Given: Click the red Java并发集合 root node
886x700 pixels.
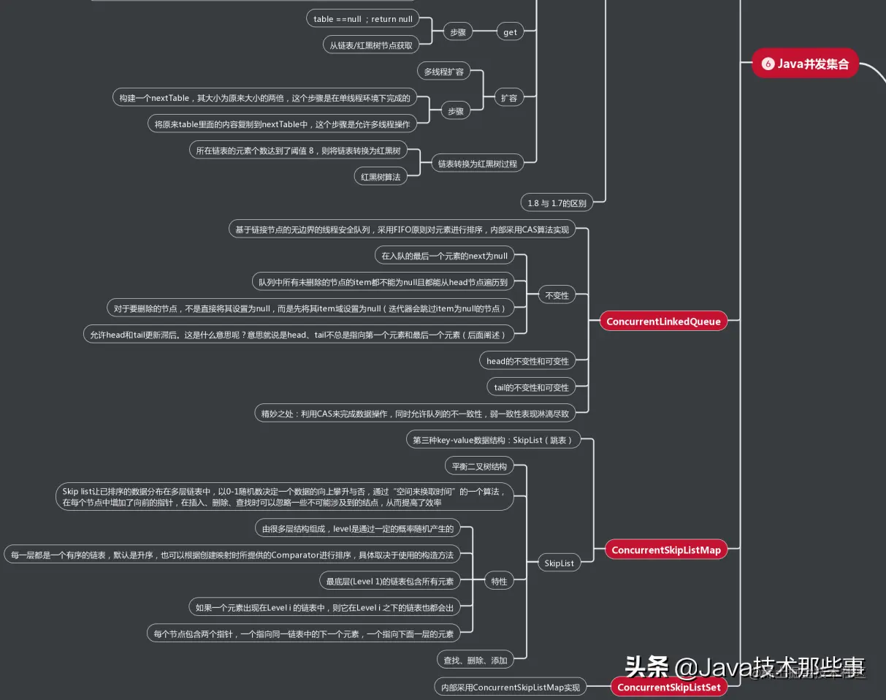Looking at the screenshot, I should [805, 64].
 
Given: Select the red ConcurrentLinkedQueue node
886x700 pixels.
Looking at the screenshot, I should [663, 322].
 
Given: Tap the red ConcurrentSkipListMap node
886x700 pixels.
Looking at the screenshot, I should [665, 550].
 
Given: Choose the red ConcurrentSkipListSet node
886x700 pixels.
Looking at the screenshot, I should [668, 687].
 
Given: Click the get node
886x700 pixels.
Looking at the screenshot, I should [510, 31].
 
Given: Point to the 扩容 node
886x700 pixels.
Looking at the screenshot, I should [509, 97].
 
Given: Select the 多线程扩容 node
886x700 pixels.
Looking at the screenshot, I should [443, 72].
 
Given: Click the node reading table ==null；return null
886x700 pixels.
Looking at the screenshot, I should [362, 19].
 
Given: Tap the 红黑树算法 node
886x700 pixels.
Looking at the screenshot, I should [381, 176].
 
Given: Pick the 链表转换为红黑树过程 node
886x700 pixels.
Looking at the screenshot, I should [477, 164].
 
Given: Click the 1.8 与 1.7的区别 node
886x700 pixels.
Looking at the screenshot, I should [557, 202].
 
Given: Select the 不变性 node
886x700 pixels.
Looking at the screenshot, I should [557, 295].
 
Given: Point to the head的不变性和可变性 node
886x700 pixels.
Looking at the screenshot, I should [527, 361].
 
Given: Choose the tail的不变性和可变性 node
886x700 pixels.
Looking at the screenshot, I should [527, 387].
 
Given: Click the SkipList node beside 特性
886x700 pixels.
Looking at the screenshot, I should [559, 563].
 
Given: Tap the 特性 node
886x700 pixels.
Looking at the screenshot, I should [499, 582].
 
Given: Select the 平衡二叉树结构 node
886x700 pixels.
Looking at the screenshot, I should [478, 466].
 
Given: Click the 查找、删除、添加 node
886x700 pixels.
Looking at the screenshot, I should [474, 660].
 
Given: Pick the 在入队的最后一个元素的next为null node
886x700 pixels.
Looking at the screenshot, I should [444, 256].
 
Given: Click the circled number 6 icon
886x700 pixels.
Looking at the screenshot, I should [768, 64].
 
